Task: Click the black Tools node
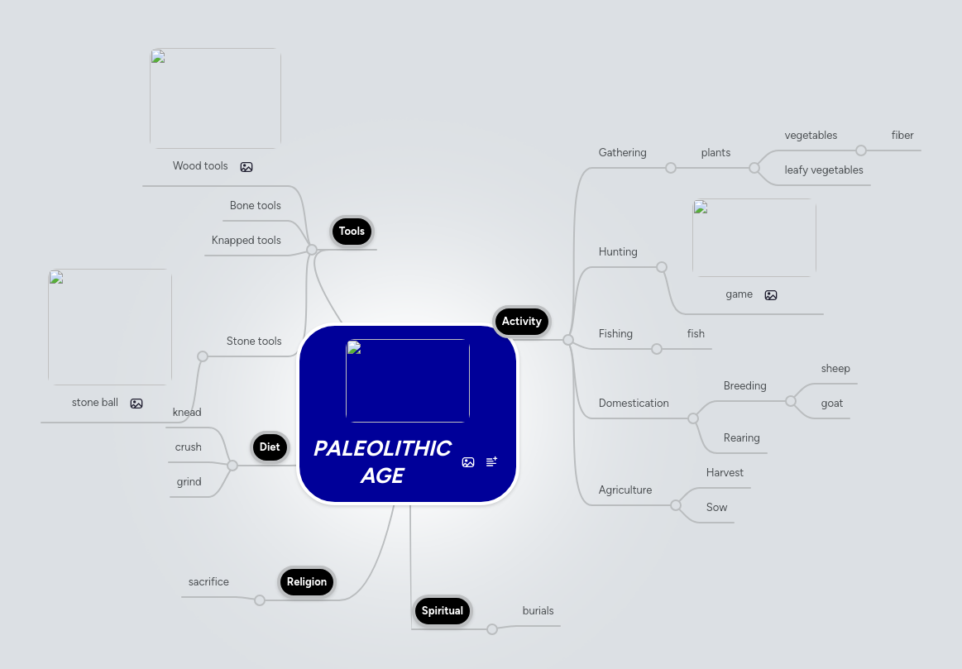tap(352, 232)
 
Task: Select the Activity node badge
tap(521, 322)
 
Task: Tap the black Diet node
tap(270, 447)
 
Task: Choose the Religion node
tap(307, 582)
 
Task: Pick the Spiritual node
tap(442, 611)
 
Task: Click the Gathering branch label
tap(622, 153)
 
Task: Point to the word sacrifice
tap(208, 582)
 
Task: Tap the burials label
tap(538, 611)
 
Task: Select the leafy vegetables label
tap(824, 170)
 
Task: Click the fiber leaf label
tap(902, 136)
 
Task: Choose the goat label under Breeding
tap(832, 404)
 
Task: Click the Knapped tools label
tap(246, 241)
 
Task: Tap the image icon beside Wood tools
tap(246, 167)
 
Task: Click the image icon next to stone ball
tap(136, 404)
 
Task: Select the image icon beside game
tap(771, 295)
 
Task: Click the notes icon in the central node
tap(491, 462)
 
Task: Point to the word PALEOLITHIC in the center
tap(382, 448)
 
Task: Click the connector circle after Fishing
tap(657, 349)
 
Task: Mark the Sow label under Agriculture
tap(716, 508)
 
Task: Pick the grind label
tap(189, 482)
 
